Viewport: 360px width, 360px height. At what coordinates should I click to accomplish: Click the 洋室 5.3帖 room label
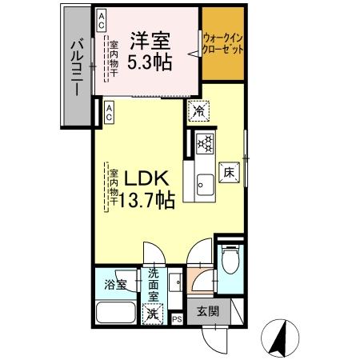point(150,50)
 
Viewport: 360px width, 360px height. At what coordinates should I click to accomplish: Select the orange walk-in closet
point(223,45)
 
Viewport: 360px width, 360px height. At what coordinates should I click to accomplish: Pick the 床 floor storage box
point(228,172)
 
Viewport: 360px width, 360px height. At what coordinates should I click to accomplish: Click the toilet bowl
point(229,262)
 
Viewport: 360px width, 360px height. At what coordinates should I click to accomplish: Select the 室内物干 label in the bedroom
point(114,58)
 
